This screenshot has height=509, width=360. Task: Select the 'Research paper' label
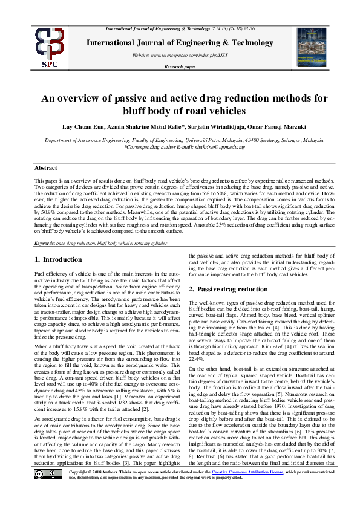pyautogui.click(x=180, y=66)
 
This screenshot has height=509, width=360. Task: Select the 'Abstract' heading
pyautogui.click(x=45, y=168)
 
